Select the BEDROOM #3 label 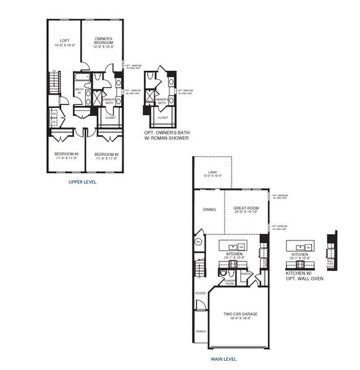pyautogui.click(x=66, y=155)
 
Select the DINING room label pyautogui.click(x=209, y=210)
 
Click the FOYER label pyautogui.click(x=201, y=294)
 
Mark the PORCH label pyautogui.click(x=201, y=331)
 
